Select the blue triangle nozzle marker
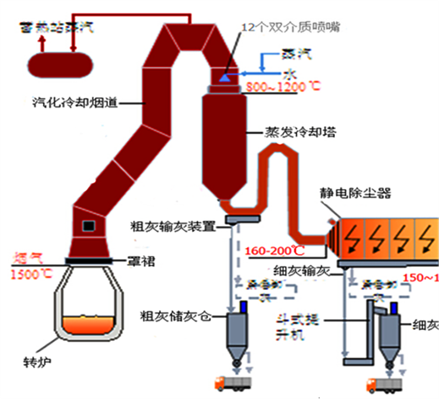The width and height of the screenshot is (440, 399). tap(225, 76)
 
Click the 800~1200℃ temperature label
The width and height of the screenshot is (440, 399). tap(284, 87)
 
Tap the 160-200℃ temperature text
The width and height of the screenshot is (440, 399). tap(275, 251)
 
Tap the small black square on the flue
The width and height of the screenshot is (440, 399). tap(89, 225)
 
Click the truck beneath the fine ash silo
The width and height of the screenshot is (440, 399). tap(384, 385)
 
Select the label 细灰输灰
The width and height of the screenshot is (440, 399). tap(302, 272)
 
